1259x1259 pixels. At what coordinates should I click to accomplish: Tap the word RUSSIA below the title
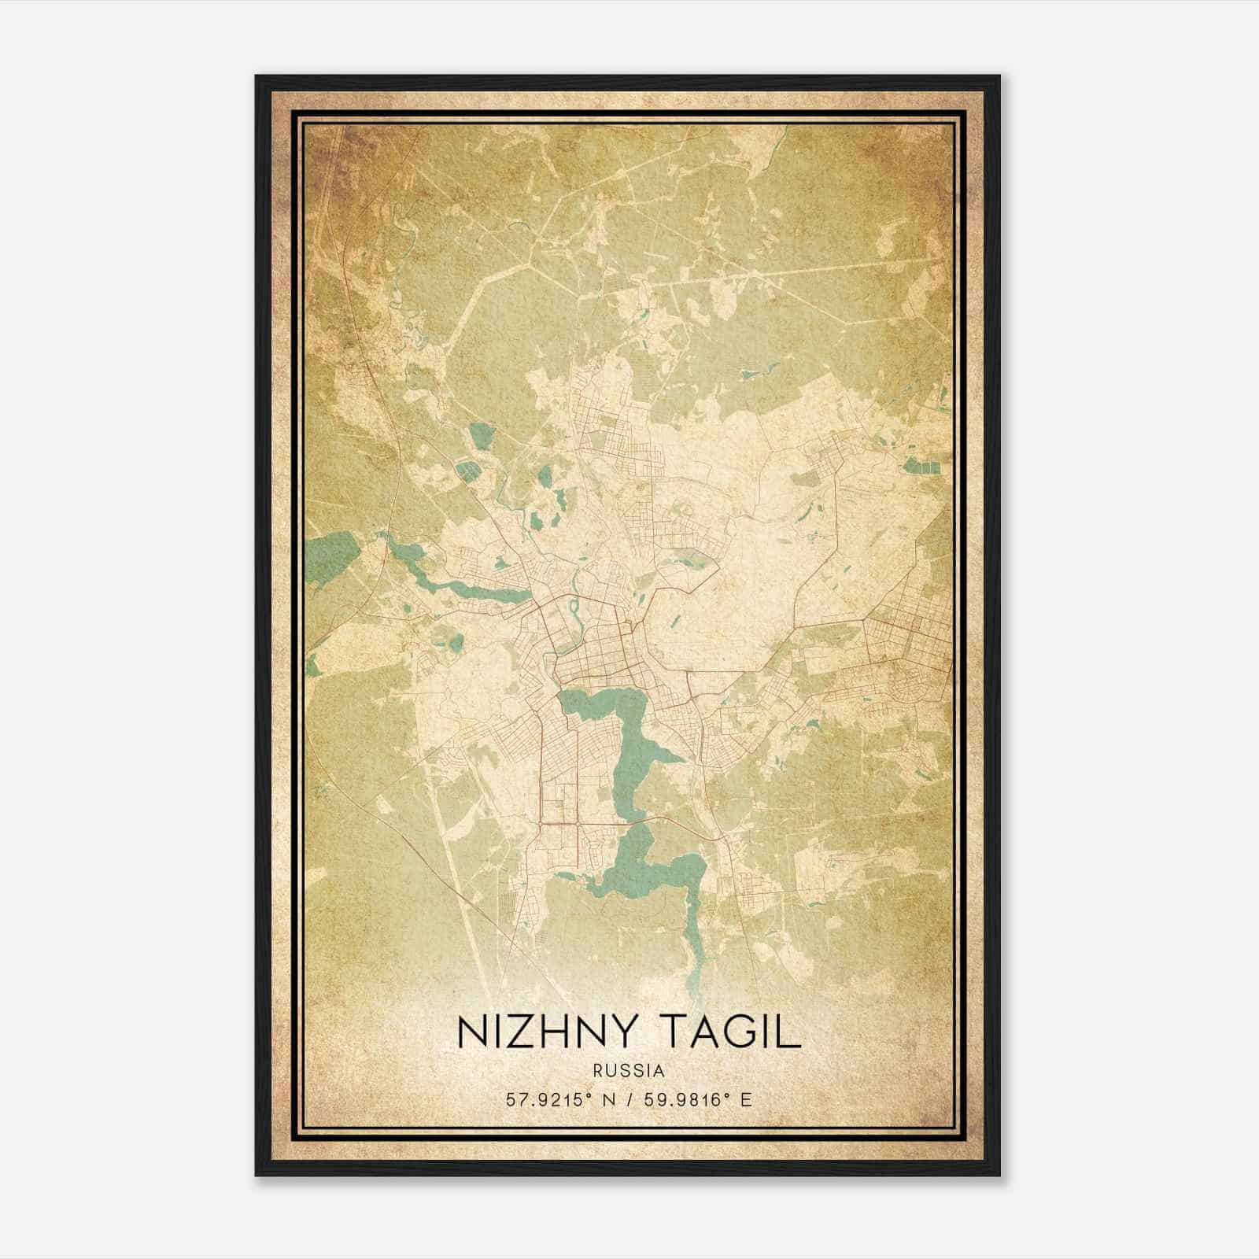tap(629, 1071)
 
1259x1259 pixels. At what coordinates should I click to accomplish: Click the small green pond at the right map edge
tap(921, 466)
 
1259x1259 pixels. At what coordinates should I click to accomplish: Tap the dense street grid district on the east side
tap(905, 645)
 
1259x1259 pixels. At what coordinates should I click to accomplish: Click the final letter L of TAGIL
tap(789, 1032)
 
